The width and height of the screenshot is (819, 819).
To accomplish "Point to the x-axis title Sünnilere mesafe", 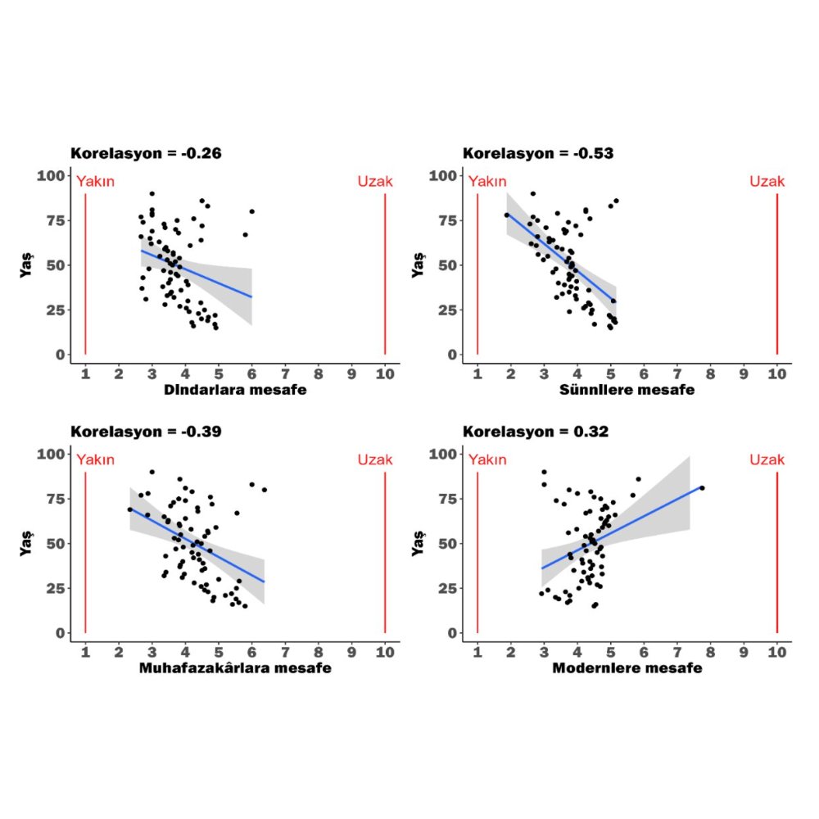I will point(627,390).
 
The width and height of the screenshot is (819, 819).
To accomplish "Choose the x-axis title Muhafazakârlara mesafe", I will point(235,668).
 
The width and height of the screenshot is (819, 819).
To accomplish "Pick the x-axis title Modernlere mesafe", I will point(627,668).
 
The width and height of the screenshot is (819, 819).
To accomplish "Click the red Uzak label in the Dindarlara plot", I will point(375,181).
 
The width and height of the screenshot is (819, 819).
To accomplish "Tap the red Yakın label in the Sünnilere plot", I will point(487,181).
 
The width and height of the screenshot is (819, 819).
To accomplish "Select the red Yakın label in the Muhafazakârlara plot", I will point(95,459).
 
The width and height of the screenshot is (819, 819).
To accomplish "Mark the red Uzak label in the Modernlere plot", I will point(767,459).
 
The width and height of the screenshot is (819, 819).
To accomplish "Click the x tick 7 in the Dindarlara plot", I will point(285,373).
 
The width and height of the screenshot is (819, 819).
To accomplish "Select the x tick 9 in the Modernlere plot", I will point(744,652).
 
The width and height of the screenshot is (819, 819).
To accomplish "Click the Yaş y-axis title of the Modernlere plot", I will point(419,543).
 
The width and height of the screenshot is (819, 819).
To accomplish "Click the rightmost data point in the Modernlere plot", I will point(702,488).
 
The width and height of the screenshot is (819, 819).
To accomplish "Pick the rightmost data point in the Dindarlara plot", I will point(251,211).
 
